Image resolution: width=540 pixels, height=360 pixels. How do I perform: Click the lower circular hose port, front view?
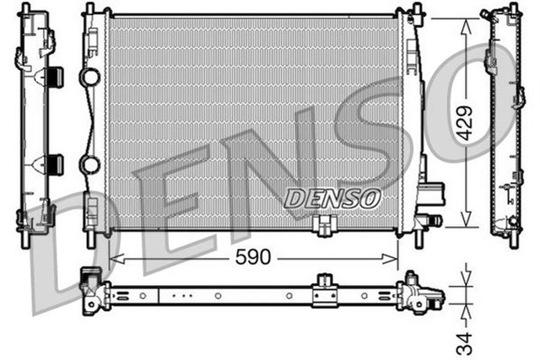[x=89, y=163]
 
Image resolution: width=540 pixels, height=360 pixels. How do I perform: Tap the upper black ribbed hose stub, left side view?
[x=53, y=77]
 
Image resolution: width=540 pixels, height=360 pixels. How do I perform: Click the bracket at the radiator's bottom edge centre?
[x=321, y=225]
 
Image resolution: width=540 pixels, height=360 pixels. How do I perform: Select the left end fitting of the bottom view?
[x=90, y=286]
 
